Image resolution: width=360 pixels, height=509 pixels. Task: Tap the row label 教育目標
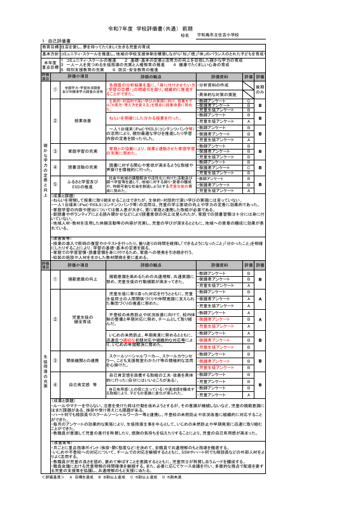[50, 47]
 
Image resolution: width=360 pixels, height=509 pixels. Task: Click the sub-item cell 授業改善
[83, 120]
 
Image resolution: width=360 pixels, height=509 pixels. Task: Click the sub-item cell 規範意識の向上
[83, 279]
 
